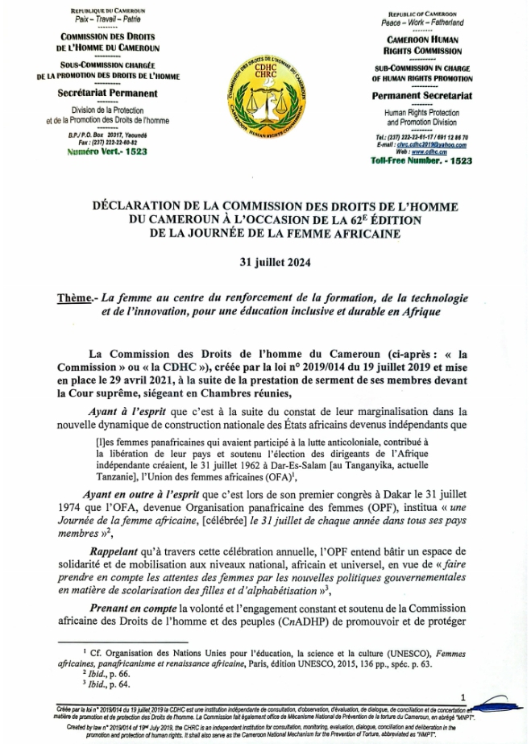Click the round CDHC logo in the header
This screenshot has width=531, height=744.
tap(265, 95)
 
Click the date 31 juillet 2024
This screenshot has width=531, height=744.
tap(264, 262)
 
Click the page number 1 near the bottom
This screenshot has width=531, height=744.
tap(463, 696)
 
